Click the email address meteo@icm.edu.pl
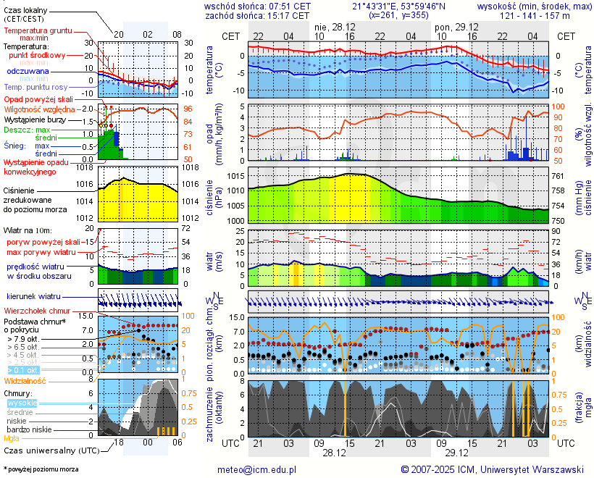click(x=257, y=469)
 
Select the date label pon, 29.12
click(x=452, y=26)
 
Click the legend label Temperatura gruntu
click(x=37, y=31)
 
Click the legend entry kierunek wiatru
click(x=33, y=297)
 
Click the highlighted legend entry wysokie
click(x=22, y=403)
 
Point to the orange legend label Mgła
click(x=12, y=438)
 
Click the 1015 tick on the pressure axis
click(x=234, y=177)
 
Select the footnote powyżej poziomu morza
click(x=41, y=469)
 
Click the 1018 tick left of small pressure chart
click(x=86, y=168)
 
